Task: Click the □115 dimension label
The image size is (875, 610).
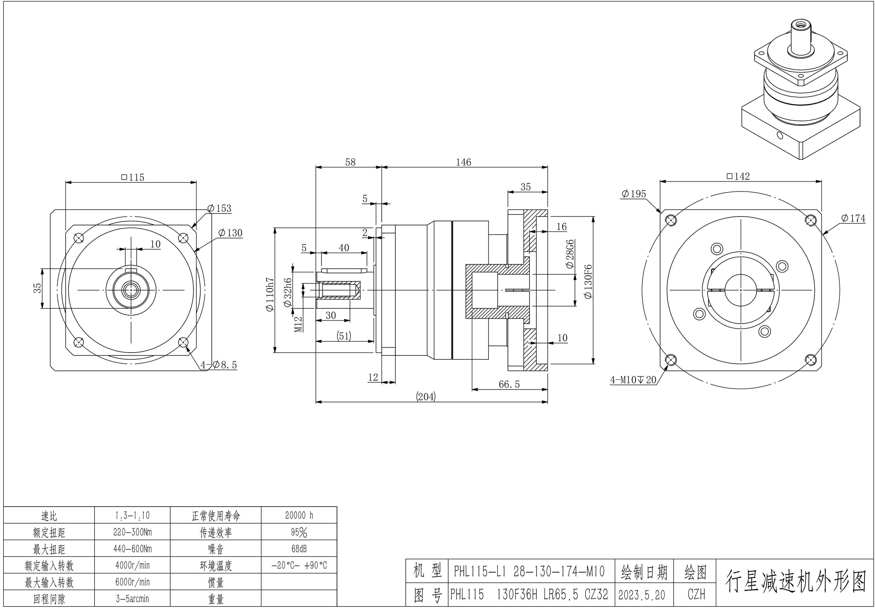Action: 133,177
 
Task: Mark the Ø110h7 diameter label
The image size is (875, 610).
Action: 270,294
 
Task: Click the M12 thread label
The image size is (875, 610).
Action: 298,324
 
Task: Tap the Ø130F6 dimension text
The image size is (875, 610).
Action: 588,281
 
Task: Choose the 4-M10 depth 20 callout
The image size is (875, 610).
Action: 633,380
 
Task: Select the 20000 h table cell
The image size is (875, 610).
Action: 299,515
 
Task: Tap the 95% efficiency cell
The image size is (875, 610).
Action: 299,532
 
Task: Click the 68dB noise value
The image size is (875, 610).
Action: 299,549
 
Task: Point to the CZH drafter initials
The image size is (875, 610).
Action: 696,594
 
